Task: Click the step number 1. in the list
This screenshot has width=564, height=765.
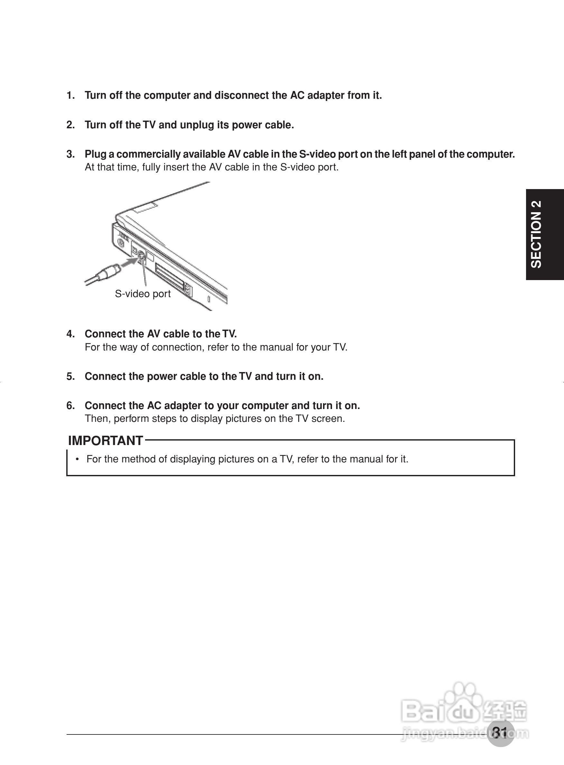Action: coord(70,95)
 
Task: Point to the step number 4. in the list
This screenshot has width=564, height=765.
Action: coord(70,334)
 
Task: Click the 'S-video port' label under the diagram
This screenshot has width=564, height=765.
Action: coord(143,294)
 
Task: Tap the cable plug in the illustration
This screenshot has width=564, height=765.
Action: coord(108,272)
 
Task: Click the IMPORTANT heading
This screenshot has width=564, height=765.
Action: coord(105,441)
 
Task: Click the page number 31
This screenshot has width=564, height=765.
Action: coord(500,732)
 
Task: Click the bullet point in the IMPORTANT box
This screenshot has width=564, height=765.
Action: coord(78,459)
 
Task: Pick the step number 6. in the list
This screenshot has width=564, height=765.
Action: coord(70,406)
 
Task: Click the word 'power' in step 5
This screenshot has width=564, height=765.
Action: coord(162,376)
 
